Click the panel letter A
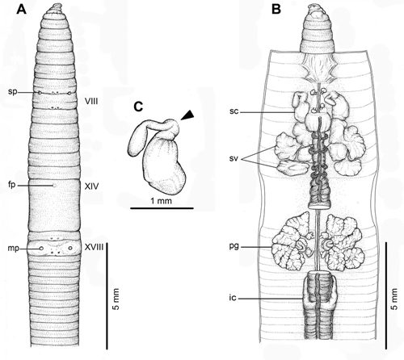point(21,10)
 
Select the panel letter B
point(276,10)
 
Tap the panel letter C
point(138,107)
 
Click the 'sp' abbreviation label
point(12,92)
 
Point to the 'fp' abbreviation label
point(13,186)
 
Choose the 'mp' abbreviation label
point(14,249)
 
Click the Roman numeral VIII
point(91,102)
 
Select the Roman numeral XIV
point(91,186)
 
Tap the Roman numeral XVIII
point(94,247)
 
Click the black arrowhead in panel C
point(187,115)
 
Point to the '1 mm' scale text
point(161,201)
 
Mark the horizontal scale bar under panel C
point(162,208)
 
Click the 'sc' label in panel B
point(234,111)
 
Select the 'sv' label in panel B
point(234,159)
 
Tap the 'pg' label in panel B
point(234,247)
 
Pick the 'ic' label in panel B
point(234,298)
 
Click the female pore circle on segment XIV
point(54,186)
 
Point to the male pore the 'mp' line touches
point(41,249)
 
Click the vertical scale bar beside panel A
point(107,296)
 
